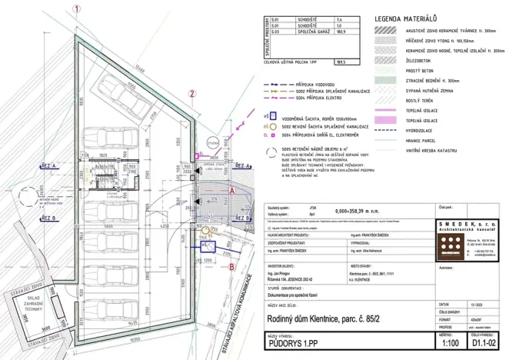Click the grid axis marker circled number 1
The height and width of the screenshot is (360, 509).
click(x=76, y=9)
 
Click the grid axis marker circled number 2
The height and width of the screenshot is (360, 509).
click(x=192, y=95)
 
